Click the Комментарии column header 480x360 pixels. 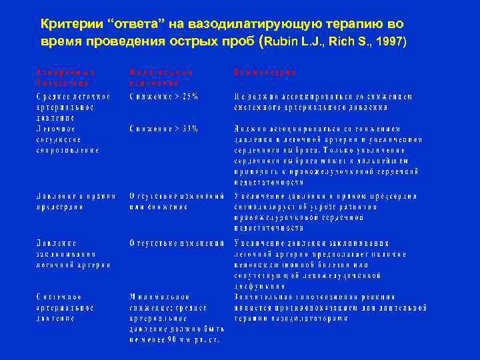pyautogui.click(x=265, y=71)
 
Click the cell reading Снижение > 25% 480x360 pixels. pyautogui.click(x=163, y=96)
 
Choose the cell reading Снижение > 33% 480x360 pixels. pyautogui.click(x=163, y=128)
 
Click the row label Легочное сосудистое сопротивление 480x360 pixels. pyautogui.click(x=67, y=139)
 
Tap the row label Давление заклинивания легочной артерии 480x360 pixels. pyautogui.click(x=66, y=255)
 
